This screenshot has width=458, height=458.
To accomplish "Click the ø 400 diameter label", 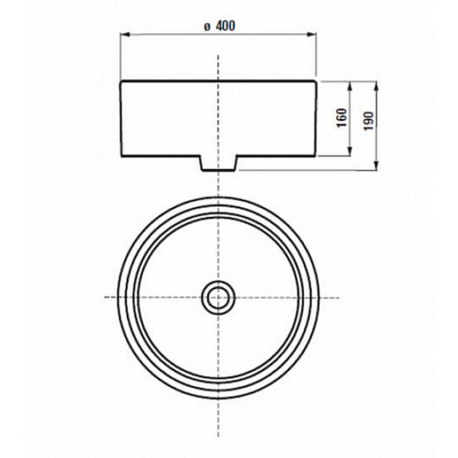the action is pyautogui.click(x=219, y=26).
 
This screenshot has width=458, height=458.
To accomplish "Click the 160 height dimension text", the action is pyautogui.click(x=342, y=118).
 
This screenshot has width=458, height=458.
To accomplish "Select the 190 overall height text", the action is pyautogui.click(x=368, y=121).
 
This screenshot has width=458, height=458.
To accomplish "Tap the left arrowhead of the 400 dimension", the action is pyautogui.click(x=125, y=35).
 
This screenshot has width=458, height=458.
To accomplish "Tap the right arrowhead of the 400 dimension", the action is pyautogui.click(x=312, y=35).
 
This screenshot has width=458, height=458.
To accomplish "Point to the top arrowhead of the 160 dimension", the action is pyautogui.click(x=350, y=86).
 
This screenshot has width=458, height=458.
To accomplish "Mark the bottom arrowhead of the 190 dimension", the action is pyautogui.click(x=376, y=166).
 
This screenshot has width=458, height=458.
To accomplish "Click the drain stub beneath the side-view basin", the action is pyautogui.click(x=219, y=163).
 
